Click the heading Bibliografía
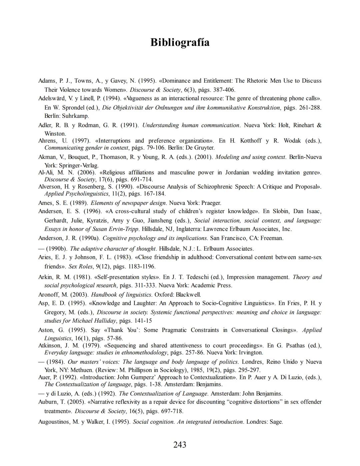coord(180,42)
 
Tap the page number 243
coord(180,445)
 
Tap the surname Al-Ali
coord(46,172)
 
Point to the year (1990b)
coord(57,249)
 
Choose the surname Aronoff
coord(49,295)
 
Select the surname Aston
coord(46,330)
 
